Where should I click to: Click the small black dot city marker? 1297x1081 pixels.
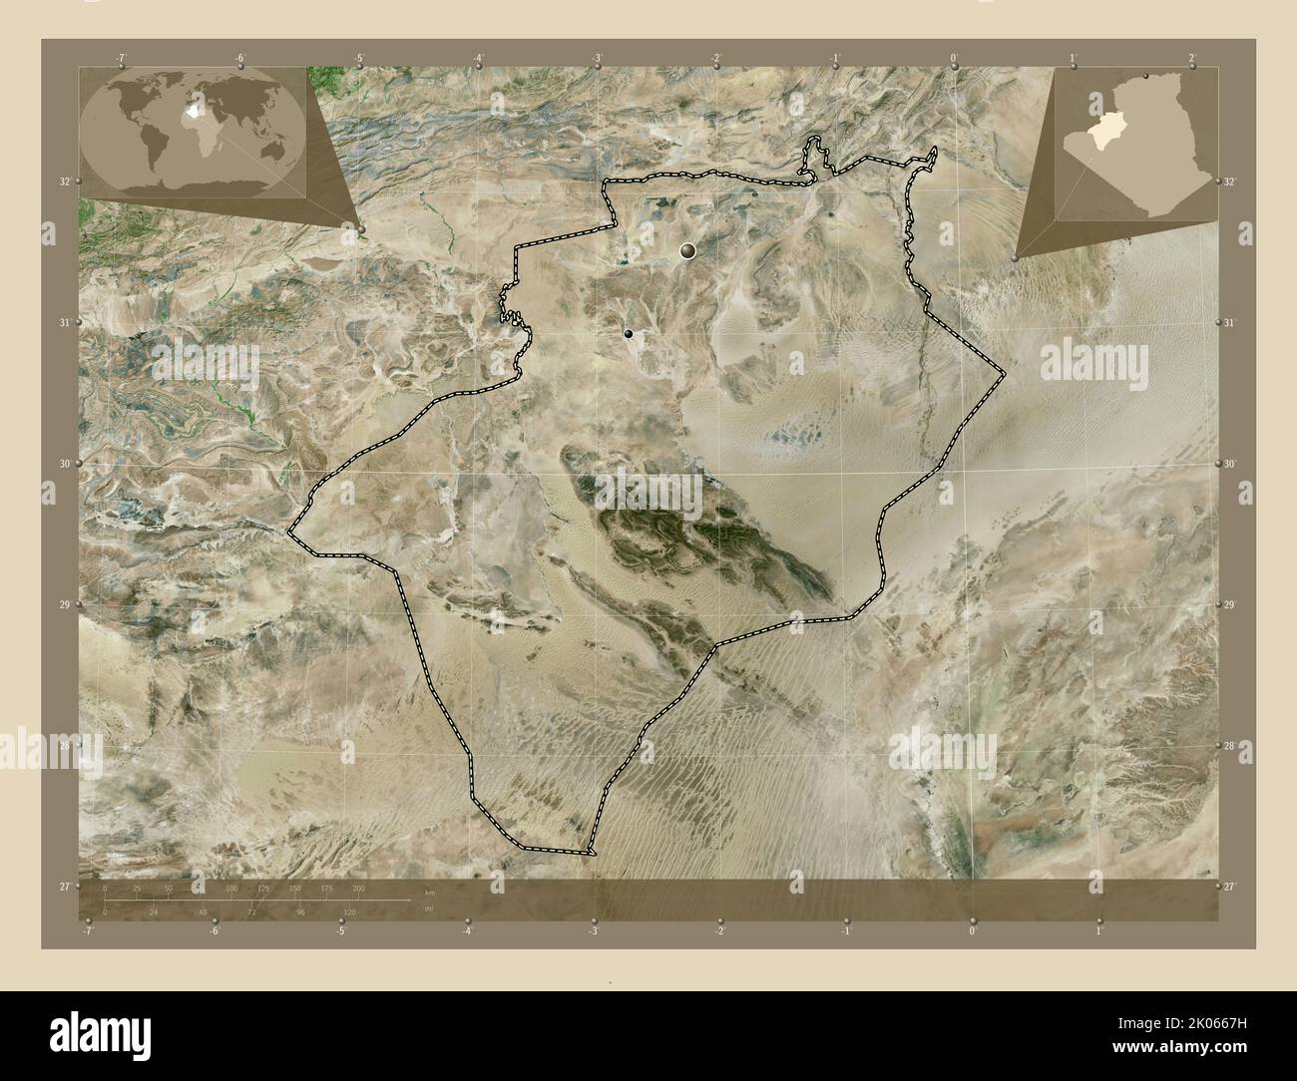628,334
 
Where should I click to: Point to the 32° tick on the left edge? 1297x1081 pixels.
63,181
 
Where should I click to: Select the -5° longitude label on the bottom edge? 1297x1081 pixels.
340,931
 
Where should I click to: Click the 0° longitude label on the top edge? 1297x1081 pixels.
954,57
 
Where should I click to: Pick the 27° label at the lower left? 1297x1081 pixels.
63,886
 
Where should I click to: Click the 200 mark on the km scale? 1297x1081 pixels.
357,889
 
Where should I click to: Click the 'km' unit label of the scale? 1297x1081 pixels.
430,892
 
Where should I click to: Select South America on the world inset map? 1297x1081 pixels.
147,145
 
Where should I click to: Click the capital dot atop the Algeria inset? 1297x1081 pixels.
1145,77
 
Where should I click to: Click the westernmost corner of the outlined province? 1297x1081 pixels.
288,532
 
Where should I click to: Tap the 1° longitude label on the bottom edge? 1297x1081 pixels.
1098,931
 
